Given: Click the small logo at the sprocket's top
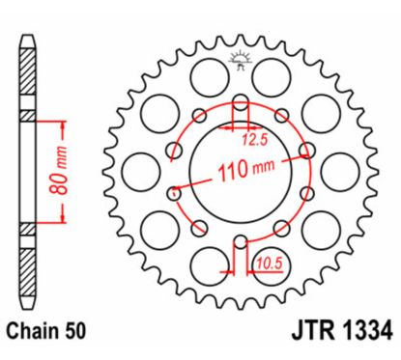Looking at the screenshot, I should click(238, 61).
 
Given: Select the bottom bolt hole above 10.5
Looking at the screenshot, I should click(239, 240).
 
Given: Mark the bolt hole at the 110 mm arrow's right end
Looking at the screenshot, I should click(306, 151).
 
